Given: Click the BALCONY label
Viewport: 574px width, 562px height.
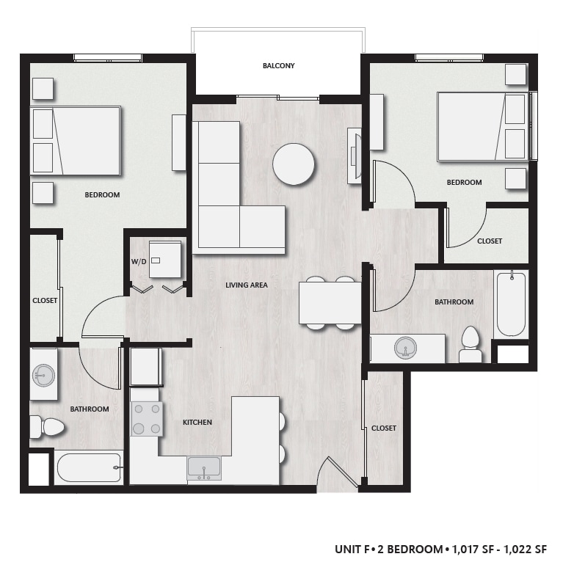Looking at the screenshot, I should point(278,65).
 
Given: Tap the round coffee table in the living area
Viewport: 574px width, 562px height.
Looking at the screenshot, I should point(294,164).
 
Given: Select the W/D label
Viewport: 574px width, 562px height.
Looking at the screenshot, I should point(139,261).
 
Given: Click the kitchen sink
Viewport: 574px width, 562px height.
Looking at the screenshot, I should point(204,467).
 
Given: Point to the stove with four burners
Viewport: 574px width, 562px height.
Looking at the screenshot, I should point(146,419).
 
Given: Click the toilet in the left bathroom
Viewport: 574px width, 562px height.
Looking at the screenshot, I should point(46,426).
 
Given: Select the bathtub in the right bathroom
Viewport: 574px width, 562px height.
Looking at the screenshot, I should point(511,304).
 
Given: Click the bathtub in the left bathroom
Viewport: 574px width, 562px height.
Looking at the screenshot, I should point(88,467).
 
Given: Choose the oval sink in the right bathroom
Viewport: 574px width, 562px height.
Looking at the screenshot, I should point(406,348).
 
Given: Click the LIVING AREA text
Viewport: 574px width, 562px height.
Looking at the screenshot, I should point(247,285).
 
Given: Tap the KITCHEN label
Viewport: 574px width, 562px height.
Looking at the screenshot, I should point(197,422).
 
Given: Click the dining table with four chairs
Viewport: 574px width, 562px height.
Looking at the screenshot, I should point(330,302).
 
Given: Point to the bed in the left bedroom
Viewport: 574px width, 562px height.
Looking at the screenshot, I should point(75,141).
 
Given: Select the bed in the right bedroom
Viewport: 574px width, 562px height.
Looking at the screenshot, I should point(482,125).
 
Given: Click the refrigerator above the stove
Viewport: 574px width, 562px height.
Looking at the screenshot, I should point(146,366).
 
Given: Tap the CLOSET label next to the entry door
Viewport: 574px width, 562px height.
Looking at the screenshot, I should point(384,428).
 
